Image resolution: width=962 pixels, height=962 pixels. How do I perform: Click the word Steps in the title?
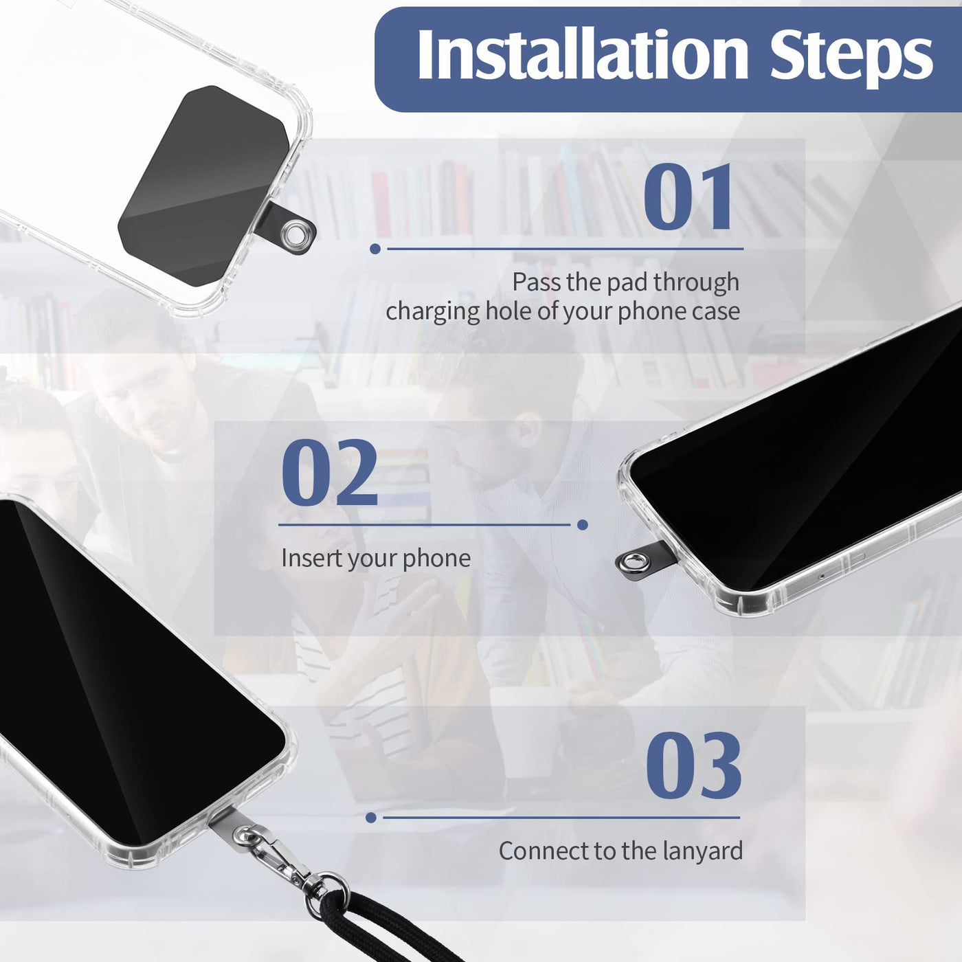tap(851, 58)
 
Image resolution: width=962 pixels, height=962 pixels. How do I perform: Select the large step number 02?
tap(329, 472)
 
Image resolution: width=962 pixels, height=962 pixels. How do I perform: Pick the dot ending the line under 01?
tap(375, 249)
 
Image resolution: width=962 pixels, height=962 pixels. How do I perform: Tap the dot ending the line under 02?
tap(582, 525)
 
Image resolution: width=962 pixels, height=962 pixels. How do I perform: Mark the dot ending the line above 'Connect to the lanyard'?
tap(370, 817)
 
